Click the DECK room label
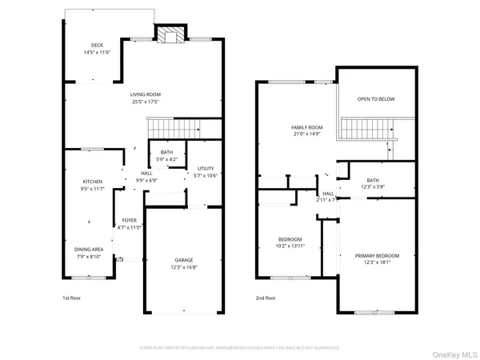tap(97, 46)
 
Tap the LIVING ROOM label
tap(146, 94)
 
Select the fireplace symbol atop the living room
tap(168, 34)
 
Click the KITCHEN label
tap(93, 182)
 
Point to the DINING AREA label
tap(87, 249)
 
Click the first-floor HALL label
tap(147, 173)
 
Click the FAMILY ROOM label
tap(306, 127)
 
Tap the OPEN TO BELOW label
tap(376, 99)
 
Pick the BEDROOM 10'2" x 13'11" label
tap(290, 239)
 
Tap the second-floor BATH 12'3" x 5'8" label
tap(373, 181)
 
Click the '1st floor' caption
tap(72, 298)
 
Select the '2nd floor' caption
tap(266, 298)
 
